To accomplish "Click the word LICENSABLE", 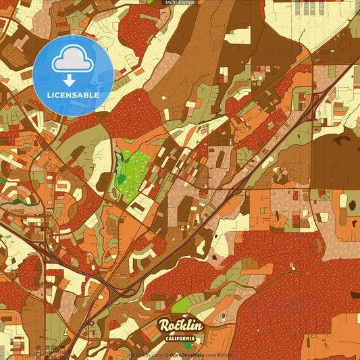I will coord(73,95).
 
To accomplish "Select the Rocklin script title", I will coord(180,326).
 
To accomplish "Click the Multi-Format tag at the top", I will coord(180,3).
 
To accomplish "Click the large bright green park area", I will coord(135,174).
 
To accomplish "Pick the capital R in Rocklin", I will coord(165,326).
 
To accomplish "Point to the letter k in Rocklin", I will coord(183,326).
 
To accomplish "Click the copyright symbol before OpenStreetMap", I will coord(167,355).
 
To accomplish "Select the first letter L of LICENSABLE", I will coord(49,95).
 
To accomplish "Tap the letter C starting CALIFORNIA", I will coord(166,338).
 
